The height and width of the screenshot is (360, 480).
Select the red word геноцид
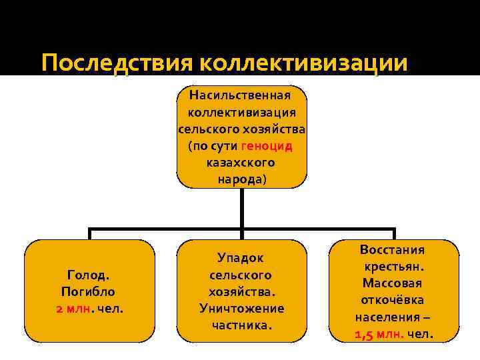tap(266, 145)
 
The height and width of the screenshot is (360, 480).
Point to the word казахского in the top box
tap(241, 163)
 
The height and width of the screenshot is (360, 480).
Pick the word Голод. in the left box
tap(89, 274)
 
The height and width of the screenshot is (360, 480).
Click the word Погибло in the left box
tap(89, 291)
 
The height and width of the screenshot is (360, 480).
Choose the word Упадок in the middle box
tap(241, 257)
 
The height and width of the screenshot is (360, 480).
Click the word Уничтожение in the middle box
tap(241, 309)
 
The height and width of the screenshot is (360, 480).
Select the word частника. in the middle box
tap(241, 326)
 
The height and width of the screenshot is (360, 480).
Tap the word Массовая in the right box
tap(393, 283)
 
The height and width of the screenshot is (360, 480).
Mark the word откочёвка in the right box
tap(393, 300)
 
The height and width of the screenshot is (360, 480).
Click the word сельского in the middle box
tap(241, 275)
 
